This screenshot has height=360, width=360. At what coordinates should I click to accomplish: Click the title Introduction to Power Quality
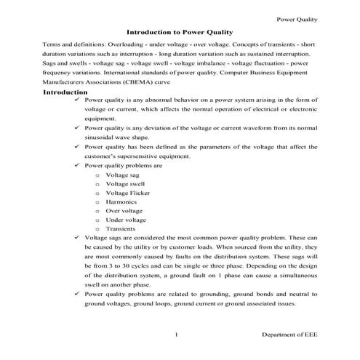(179, 33)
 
